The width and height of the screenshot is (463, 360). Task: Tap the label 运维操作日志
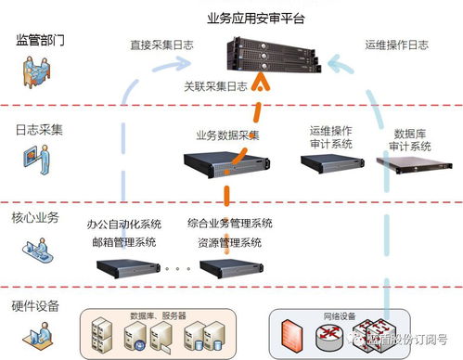pyautogui.click(x=397, y=44)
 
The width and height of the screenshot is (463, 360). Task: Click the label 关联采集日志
pyautogui.click(x=216, y=86)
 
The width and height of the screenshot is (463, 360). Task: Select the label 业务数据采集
pyautogui.click(x=227, y=135)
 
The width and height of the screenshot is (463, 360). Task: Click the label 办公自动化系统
pyautogui.click(x=124, y=224)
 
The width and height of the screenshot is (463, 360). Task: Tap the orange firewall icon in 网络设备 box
pyautogui.click(x=289, y=337)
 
